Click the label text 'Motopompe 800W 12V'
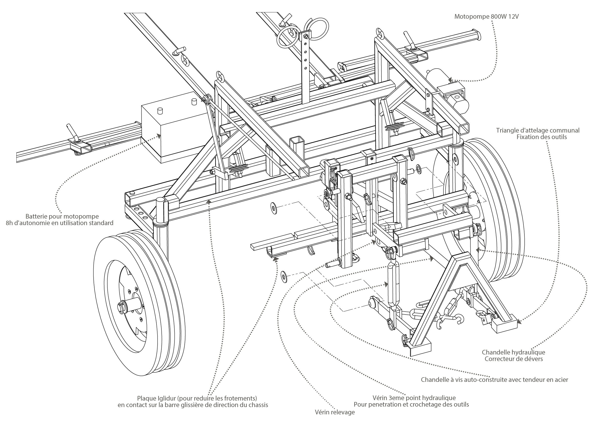[486, 17]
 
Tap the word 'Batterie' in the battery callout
[36, 216]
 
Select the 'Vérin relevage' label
[335, 412]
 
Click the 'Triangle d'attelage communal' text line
[538, 130]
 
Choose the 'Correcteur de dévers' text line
[514, 359]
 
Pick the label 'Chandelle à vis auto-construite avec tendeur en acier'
[494, 379]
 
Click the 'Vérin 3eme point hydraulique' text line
[414, 398]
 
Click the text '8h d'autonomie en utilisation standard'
[59, 223]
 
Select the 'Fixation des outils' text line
[542, 137]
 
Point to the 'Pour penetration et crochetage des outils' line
[411, 404]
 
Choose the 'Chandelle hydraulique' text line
[513, 352]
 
